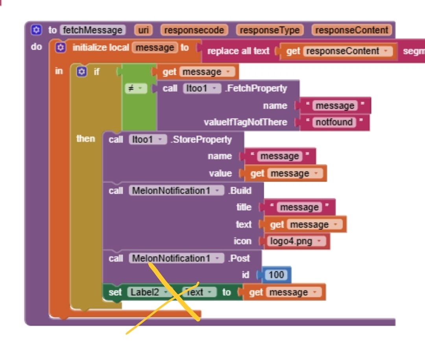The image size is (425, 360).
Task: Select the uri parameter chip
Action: (x=143, y=30)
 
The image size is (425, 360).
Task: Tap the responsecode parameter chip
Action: (x=194, y=30)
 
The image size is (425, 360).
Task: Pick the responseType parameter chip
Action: (x=270, y=30)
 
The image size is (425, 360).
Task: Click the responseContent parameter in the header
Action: (x=351, y=30)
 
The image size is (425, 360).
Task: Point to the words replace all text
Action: (x=238, y=51)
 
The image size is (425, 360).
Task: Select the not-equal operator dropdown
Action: (x=135, y=89)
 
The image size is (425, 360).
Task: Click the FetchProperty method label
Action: (x=256, y=88)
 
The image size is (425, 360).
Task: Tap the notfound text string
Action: (x=334, y=122)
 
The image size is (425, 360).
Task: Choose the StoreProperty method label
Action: (x=201, y=139)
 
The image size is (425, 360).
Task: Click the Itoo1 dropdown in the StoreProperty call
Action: (x=148, y=139)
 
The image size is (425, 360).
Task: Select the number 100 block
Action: (x=276, y=275)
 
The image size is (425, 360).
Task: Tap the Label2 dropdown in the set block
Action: (x=148, y=292)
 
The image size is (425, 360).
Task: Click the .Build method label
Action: (x=240, y=191)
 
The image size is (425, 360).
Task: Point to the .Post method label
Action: (x=238, y=258)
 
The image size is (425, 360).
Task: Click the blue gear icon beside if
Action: (x=81, y=72)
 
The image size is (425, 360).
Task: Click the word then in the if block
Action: (x=86, y=139)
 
